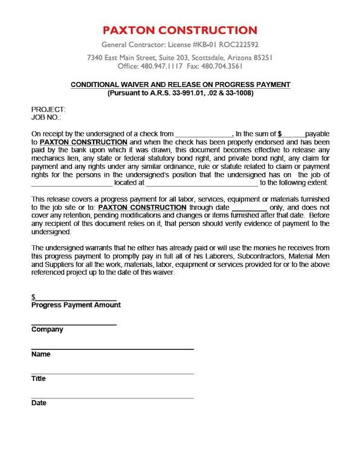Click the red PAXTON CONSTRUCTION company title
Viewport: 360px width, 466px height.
click(x=180, y=30)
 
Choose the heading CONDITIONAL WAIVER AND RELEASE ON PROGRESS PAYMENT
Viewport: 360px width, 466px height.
click(x=180, y=85)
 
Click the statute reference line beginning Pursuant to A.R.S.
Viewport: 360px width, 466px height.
click(x=180, y=94)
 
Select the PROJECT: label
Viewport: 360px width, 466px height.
click(x=44, y=109)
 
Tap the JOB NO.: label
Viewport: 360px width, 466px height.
click(x=46, y=117)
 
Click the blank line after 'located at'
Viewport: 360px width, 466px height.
click(x=202, y=183)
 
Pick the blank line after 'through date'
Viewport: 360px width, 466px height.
click(x=249, y=207)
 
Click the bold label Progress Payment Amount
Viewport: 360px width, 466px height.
click(x=76, y=305)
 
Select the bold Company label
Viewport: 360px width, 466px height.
click(x=47, y=330)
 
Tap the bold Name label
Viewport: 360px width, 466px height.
click(x=41, y=354)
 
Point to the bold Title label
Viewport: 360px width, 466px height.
click(x=39, y=379)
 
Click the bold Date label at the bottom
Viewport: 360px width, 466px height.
click(x=39, y=403)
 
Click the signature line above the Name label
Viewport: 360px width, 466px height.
click(x=112, y=349)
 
